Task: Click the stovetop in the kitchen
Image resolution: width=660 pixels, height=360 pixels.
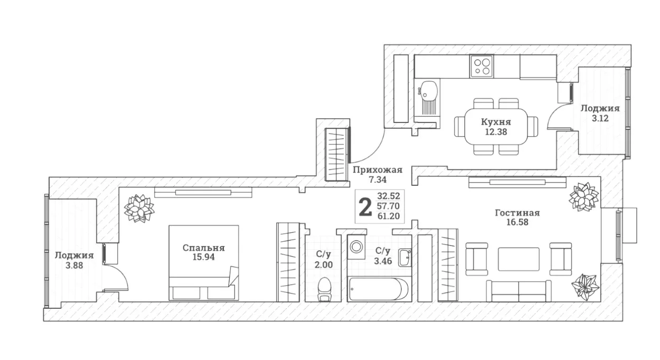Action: [x=482, y=67]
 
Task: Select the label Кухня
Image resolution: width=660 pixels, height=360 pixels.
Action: [x=496, y=121]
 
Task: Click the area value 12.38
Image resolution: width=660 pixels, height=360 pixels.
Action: [x=496, y=131]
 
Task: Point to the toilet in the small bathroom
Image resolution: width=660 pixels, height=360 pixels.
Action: [x=324, y=289]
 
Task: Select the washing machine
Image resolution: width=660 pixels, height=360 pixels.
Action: [x=356, y=247]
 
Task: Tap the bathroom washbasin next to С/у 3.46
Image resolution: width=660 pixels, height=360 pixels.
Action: [x=405, y=258]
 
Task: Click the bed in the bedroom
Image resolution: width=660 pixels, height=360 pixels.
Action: [x=204, y=263]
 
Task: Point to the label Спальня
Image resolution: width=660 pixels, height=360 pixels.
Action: [x=204, y=248]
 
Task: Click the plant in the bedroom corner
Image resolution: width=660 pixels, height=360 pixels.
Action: [x=139, y=209]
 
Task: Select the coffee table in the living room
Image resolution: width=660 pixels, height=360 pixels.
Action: [x=518, y=259]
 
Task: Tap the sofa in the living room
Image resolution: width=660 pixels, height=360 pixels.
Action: [x=518, y=291]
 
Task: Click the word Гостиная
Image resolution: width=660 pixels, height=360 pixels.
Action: [x=517, y=213]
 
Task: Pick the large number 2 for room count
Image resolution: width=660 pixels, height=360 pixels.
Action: [x=365, y=207]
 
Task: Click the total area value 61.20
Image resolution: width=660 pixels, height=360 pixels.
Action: [x=389, y=216]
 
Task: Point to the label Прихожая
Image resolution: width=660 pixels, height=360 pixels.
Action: [x=378, y=170]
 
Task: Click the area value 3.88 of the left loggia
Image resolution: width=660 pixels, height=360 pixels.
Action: [x=74, y=266]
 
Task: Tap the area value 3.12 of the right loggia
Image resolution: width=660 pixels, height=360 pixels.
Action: [x=600, y=118]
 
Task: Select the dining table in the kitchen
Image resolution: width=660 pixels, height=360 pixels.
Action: [x=496, y=126]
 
